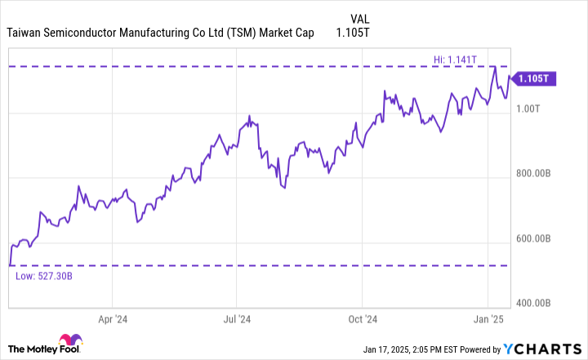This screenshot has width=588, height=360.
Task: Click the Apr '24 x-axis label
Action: pos(111,320)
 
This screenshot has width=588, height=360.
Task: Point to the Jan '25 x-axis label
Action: pos(487,320)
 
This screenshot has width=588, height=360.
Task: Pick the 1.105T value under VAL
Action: pos(354,34)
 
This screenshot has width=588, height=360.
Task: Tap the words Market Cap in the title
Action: pos(292,34)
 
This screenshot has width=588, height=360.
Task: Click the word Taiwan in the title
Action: pos(27,34)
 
